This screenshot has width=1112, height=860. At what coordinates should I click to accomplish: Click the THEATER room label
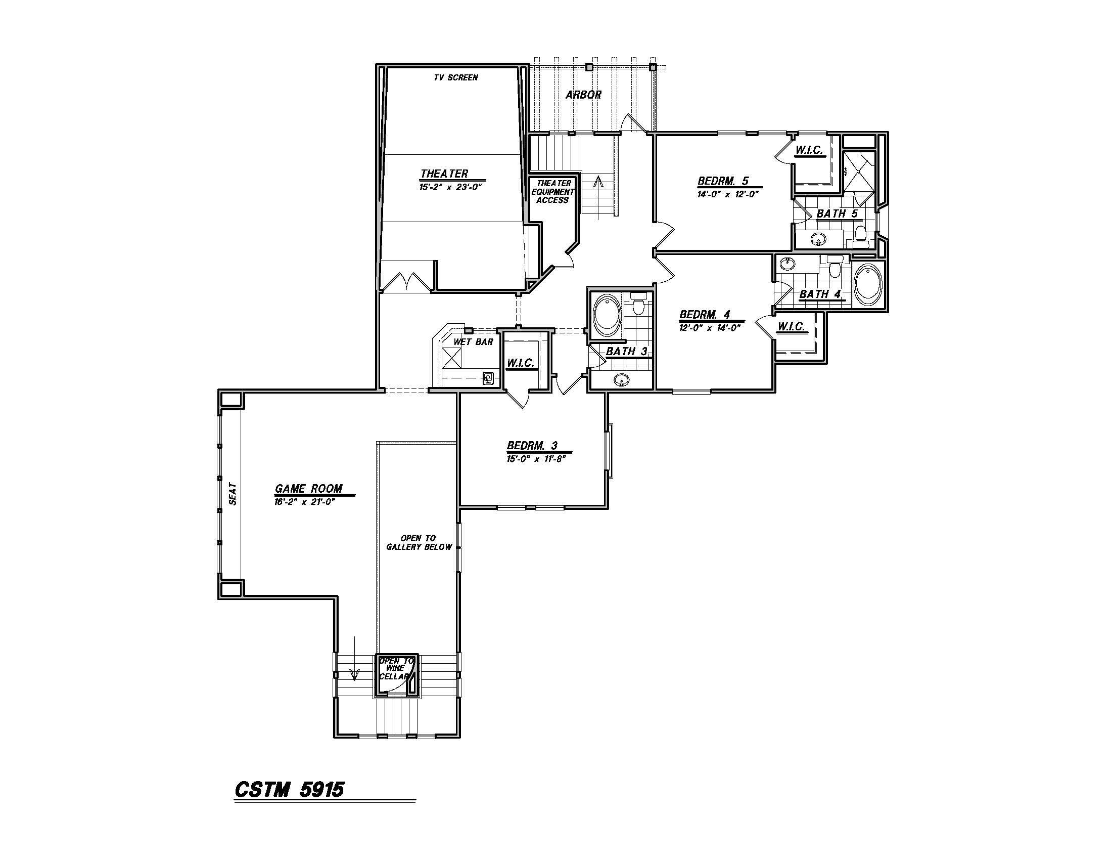tap(444, 174)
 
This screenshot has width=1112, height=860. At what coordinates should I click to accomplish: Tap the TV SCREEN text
tap(456, 77)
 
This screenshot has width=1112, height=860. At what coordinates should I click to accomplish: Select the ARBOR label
tap(583, 95)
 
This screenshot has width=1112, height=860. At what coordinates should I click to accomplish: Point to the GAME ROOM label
tap(308, 489)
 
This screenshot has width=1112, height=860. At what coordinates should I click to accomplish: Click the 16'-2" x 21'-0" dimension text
tap(304, 502)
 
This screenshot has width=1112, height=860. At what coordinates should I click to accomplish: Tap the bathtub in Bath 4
tap(867, 284)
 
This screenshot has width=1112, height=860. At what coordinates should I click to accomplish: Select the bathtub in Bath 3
tap(606, 315)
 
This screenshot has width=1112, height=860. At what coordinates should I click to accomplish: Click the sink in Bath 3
tap(621, 379)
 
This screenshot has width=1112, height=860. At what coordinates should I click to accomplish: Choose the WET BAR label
tap(473, 342)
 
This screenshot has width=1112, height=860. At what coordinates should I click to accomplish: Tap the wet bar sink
tap(488, 378)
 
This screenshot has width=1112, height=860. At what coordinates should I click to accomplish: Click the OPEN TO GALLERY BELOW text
tap(419, 543)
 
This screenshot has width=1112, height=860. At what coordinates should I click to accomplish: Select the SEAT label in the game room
tap(233, 494)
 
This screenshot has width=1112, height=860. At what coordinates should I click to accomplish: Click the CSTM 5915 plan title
tap(289, 789)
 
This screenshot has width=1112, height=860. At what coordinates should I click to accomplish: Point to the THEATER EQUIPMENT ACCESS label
tap(553, 192)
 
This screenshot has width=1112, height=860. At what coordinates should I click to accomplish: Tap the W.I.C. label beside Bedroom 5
tap(809, 150)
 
